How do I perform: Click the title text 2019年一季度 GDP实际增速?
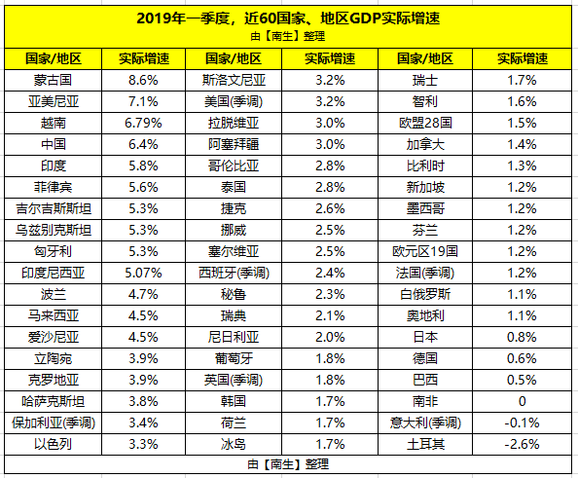coord(289,17)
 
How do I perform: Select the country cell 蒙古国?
coord(52,78)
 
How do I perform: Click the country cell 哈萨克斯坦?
coord(52,399)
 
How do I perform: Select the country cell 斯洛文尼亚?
coord(240,78)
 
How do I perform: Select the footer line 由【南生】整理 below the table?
coord(289,463)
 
